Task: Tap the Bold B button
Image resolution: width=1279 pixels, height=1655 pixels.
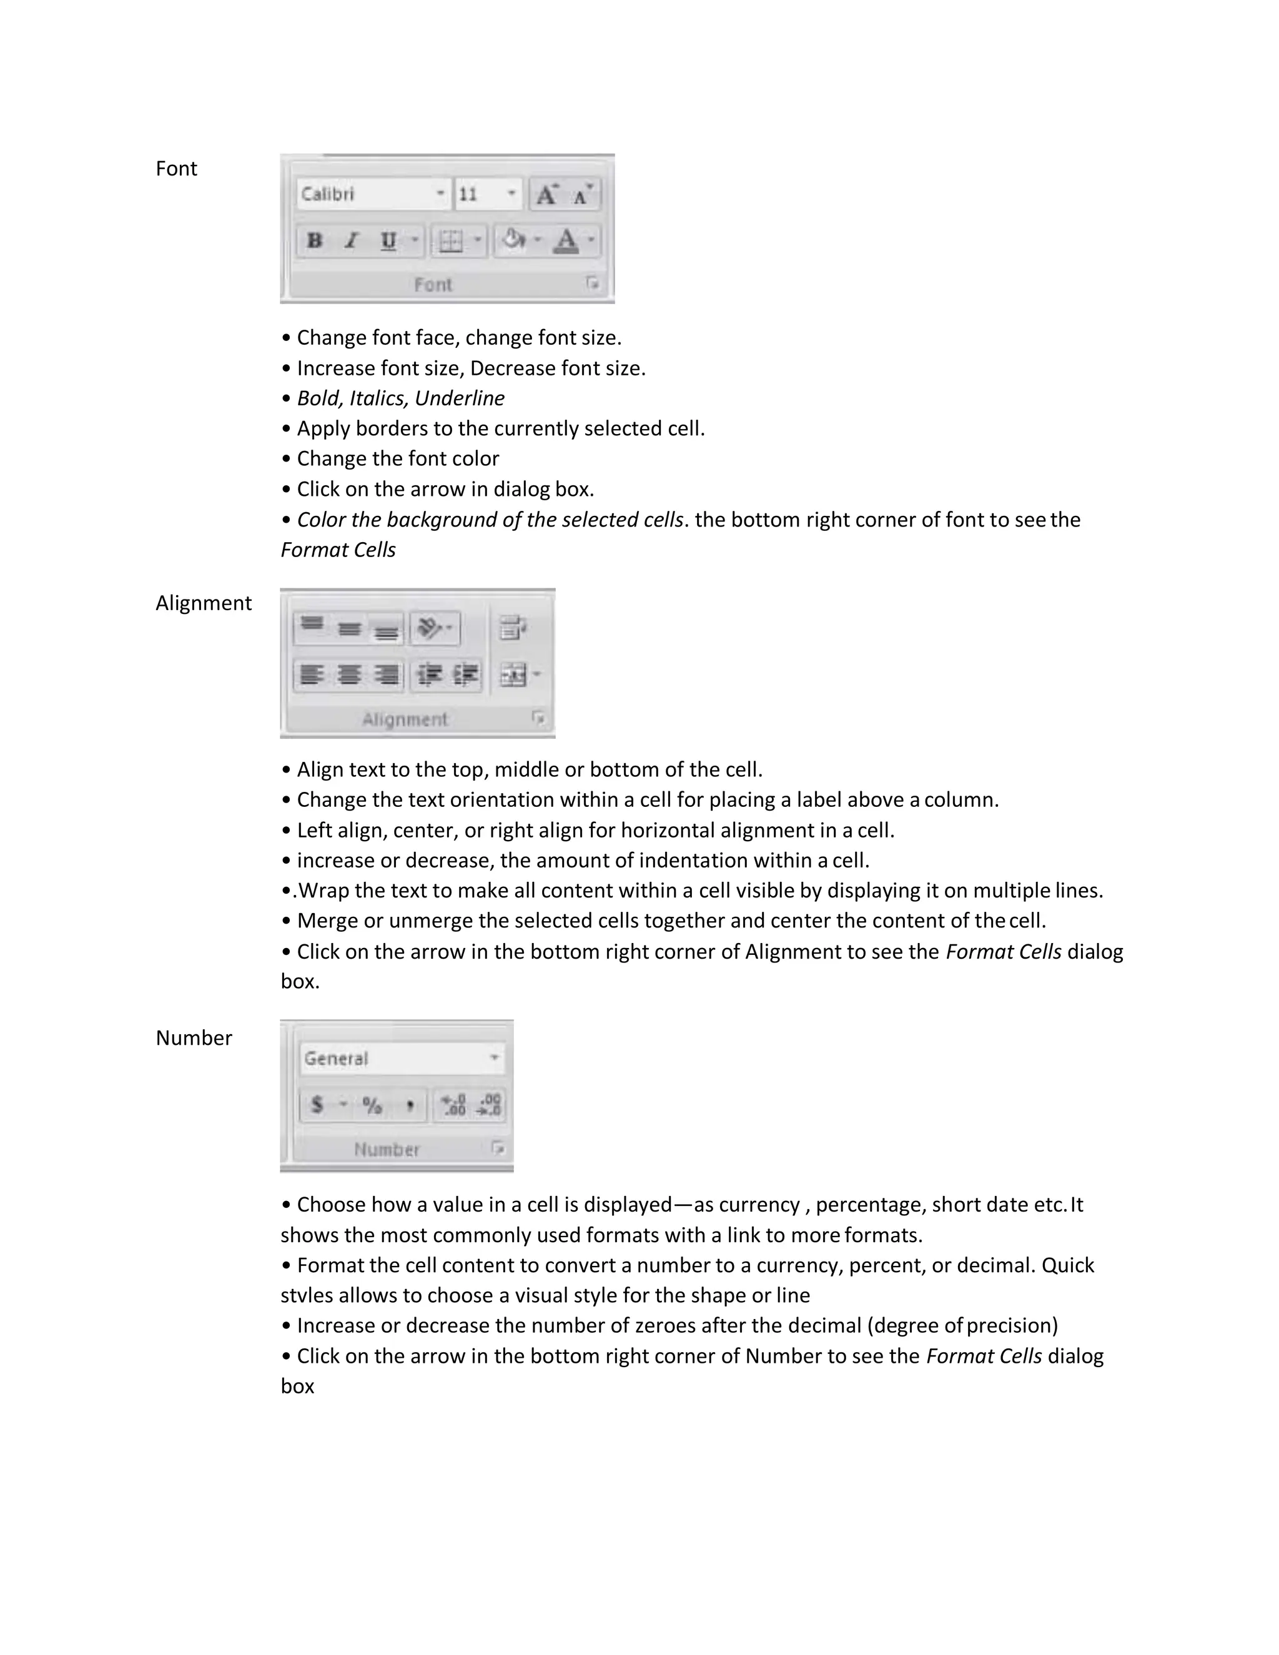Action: click(315, 241)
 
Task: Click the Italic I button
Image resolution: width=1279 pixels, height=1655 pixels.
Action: click(351, 241)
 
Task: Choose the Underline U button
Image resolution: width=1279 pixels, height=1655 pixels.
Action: click(388, 241)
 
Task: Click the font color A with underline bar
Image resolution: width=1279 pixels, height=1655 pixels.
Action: click(566, 241)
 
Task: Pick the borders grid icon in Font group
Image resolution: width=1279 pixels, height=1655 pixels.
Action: click(451, 241)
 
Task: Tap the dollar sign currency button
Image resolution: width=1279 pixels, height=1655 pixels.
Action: click(317, 1105)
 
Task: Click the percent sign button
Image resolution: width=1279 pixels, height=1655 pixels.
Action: click(372, 1105)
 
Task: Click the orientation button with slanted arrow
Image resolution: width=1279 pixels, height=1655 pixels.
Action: click(430, 628)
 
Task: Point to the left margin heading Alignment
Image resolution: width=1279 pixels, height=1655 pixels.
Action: click(203, 603)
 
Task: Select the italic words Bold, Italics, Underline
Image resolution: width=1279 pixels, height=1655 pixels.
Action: click(400, 398)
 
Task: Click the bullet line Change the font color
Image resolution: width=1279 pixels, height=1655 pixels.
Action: click(397, 458)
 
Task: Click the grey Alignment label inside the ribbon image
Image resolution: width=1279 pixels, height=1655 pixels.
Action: click(405, 719)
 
